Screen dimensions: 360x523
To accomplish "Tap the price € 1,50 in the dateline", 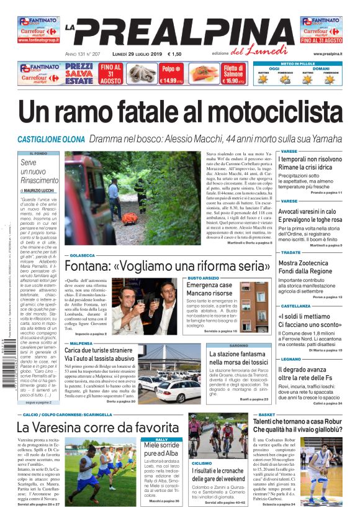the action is click(x=174, y=55).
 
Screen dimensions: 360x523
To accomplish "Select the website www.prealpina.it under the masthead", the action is click(x=328, y=55).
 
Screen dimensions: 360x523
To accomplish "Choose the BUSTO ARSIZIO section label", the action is click(x=204, y=278).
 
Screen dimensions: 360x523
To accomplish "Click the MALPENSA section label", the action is click(x=81, y=343).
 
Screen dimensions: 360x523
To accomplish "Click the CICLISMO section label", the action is click(x=202, y=463).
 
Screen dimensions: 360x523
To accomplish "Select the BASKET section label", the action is click(x=267, y=414).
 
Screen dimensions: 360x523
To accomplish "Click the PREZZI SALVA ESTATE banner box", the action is click(x=79, y=73).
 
